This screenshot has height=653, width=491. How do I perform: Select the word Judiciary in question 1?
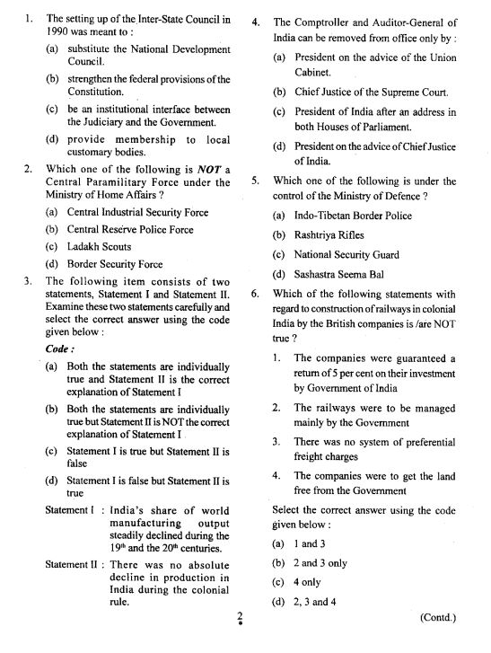(102, 124)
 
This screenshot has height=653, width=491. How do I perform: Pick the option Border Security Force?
(115, 264)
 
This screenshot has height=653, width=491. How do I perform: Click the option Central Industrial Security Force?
(137, 213)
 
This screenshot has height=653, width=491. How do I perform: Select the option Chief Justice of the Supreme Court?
(371, 92)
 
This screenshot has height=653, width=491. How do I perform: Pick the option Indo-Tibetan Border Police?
(353, 216)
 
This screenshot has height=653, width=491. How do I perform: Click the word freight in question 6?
(315, 456)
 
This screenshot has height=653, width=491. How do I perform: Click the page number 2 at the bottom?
(240, 616)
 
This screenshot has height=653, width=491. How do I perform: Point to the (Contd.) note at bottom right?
(438, 617)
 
